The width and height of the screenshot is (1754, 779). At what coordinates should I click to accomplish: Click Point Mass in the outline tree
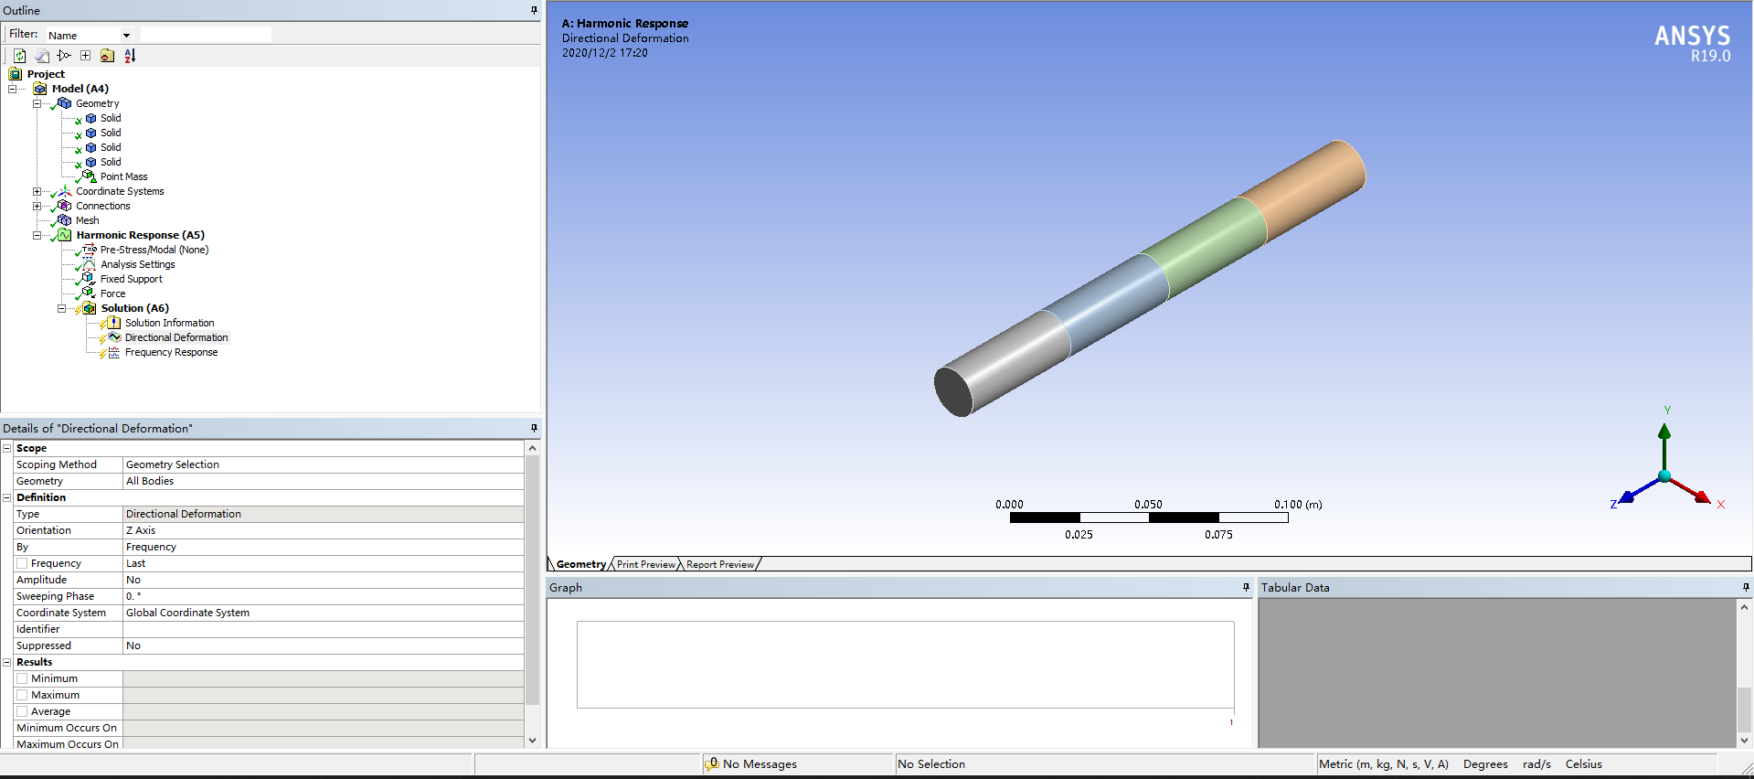tap(123, 176)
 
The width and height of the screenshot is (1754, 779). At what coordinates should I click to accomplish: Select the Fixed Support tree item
tap(131, 279)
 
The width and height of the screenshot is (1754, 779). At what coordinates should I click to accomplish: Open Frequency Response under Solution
tap(171, 352)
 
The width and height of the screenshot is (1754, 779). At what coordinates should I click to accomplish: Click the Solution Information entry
tap(169, 323)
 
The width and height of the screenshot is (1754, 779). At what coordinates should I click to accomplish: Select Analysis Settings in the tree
tap(137, 264)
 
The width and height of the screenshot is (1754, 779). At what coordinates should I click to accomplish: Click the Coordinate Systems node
tap(120, 191)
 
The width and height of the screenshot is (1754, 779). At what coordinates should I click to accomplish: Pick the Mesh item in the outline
tap(87, 220)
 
